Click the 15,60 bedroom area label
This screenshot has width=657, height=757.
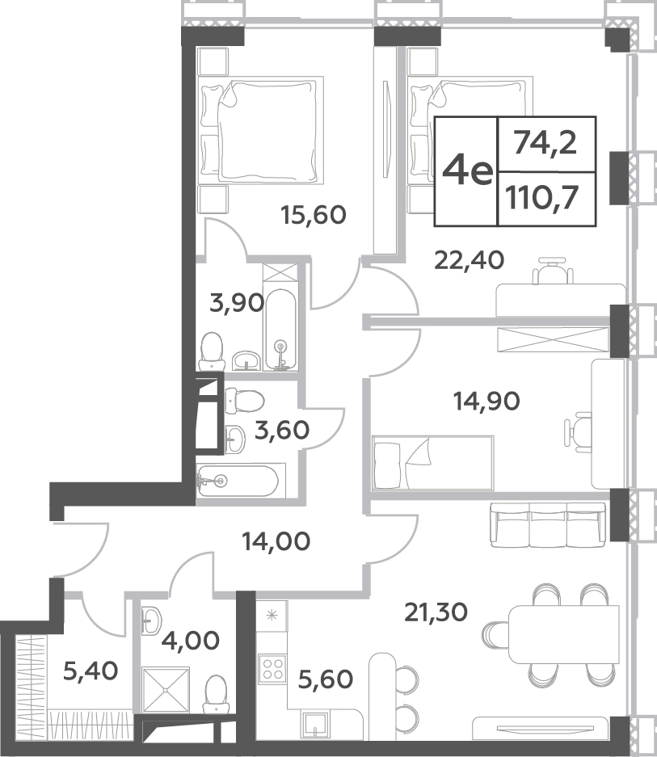click(x=314, y=215)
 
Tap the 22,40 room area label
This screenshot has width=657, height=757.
click(x=469, y=260)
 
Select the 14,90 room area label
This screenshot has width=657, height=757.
click(x=486, y=401)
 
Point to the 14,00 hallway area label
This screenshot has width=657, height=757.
click(x=276, y=541)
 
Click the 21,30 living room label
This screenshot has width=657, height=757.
click(x=436, y=612)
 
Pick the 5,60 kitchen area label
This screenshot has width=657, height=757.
click(x=326, y=679)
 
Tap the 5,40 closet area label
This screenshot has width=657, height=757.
click(x=91, y=671)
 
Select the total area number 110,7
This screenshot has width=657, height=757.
click(x=542, y=197)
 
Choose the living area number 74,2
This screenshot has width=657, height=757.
click(x=545, y=143)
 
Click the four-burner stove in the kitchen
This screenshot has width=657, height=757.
click(x=272, y=669)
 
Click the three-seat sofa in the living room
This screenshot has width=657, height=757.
click(x=548, y=525)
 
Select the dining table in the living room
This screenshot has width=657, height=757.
click(x=564, y=634)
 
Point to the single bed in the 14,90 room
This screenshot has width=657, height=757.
click(x=433, y=463)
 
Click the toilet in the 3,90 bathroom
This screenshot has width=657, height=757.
click(x=212, y=351)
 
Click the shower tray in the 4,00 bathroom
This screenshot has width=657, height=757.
click(x=166, y=689)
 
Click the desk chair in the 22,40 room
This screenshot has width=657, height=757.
click(x=553, y=271)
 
